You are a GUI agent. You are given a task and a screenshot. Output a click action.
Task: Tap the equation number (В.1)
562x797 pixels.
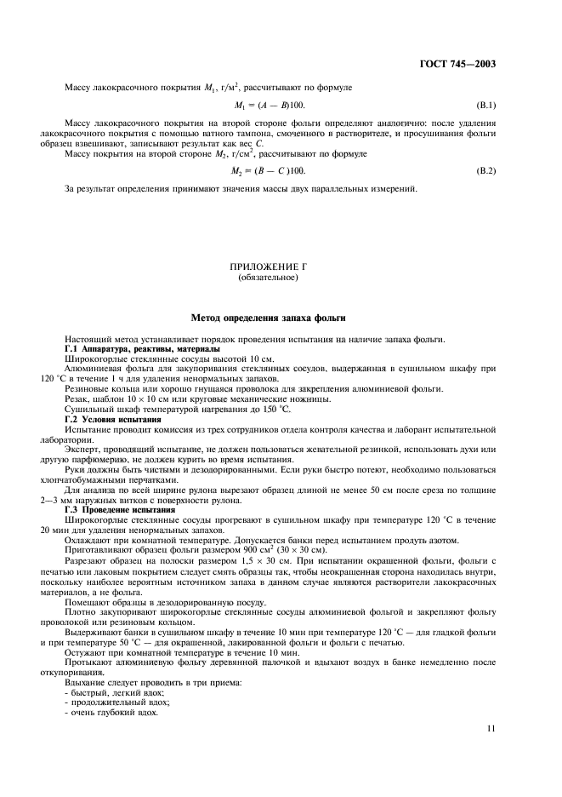[x=486, y=106]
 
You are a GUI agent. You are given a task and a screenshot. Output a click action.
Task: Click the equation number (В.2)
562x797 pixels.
[x=486, y=170]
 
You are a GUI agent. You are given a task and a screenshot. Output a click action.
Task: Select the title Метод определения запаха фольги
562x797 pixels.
[x=280, y=318]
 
